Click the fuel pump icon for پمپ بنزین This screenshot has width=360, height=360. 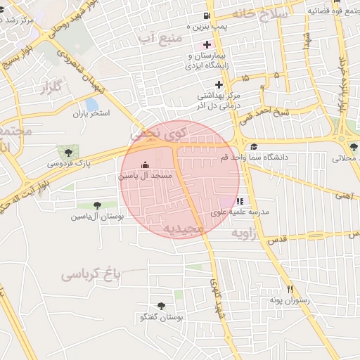(x=206, y=16)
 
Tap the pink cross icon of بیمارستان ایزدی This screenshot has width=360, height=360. (x=206, y=44)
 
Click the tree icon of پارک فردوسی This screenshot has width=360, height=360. (x=68, y=152)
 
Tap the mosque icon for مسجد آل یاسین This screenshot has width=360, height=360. (x=146, y=165)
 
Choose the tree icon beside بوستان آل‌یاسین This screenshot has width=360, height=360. (x=96, y=205)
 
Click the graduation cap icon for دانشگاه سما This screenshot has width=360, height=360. (x=254, y=146)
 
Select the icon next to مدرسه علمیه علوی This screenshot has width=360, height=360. (x=240, y=201)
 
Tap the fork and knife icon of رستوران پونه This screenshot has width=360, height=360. (x=289, y=289)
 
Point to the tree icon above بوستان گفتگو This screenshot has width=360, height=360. (x=161, y=306)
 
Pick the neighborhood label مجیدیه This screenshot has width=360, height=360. (x=184, y=229)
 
